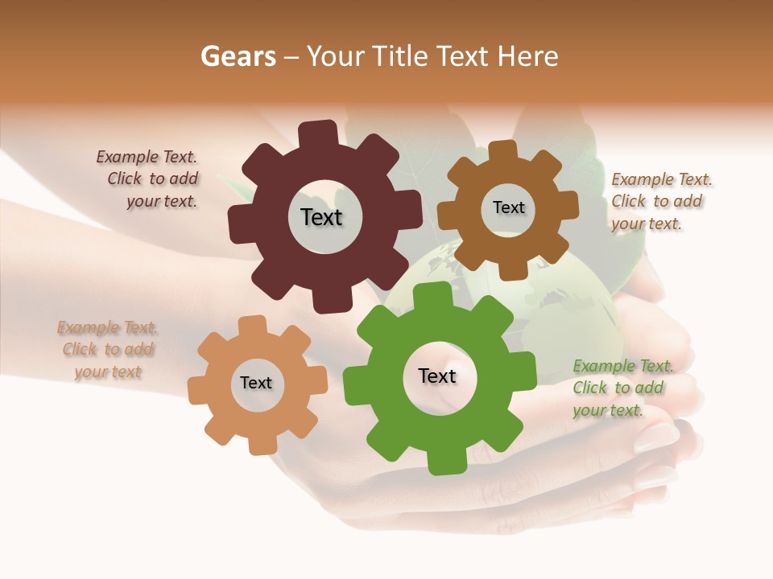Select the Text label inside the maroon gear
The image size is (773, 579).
(x=321, y=217)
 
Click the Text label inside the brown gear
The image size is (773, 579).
(x=508, y=207)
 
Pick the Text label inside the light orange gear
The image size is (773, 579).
(x=256, y=383)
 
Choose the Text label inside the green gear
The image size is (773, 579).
(x=437, y=376)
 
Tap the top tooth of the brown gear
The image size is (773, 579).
(x=502, y=150)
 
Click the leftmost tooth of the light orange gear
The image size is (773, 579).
(x=198, y=391)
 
